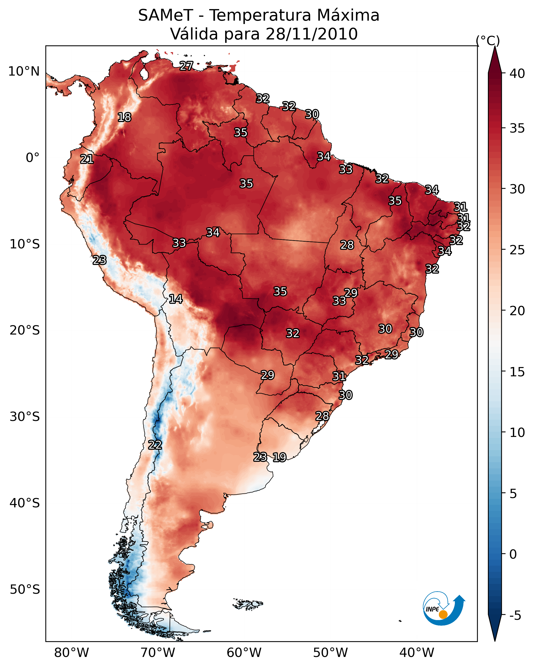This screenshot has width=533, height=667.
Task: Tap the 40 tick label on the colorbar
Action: (517, 74)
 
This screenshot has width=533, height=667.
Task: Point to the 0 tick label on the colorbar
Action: (513, 554)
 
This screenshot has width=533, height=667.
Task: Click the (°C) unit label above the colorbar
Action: (488, 40)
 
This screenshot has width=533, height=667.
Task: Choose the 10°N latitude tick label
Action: (24, 71)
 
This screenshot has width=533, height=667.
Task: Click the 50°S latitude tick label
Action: (25, 589)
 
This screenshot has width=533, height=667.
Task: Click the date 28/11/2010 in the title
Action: (311, 34)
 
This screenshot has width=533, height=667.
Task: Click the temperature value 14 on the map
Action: (176, 299)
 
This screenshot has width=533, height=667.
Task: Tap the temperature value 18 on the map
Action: (124, 117)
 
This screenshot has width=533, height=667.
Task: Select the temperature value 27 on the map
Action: (186, 66)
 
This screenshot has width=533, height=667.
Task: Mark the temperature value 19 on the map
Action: (279, 457)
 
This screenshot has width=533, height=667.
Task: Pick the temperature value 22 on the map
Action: (155, 445)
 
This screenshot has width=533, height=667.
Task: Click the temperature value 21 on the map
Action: (87, 159)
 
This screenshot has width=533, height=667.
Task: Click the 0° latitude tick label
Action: (32, 158)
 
